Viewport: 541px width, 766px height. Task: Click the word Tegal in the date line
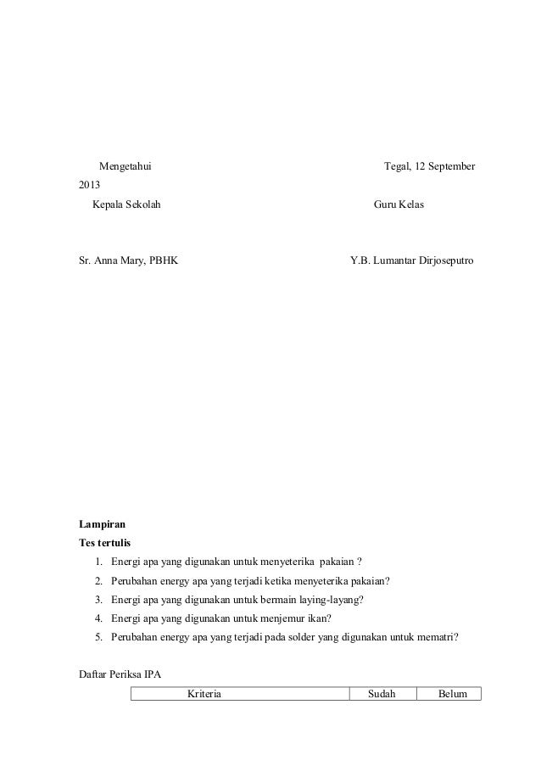pos(394,165)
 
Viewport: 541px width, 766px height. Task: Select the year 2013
pos(89,185)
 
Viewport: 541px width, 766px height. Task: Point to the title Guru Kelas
pos(399,206)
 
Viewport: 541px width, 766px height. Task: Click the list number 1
pos(99,562)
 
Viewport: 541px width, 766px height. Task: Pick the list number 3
pos(99,600)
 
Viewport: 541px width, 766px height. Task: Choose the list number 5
pos(99,638)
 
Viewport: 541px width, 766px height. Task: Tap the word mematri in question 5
pos(438,638)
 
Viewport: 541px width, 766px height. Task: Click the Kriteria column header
pos(204,694)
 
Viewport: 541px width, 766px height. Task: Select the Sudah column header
pos(382,694)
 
